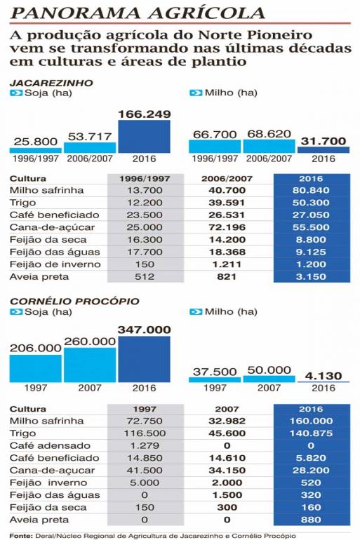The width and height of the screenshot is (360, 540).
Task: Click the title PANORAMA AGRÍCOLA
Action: pos(138,13)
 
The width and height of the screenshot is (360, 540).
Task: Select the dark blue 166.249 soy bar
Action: pos(144,136)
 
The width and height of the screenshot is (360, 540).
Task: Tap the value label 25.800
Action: pos(36,142)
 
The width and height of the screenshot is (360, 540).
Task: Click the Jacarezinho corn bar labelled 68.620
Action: pos(269,146)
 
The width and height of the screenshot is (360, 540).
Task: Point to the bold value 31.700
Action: pos(323,141)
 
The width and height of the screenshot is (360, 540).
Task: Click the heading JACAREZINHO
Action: pos(51,83)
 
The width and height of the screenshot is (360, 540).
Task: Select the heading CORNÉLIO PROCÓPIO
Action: pos(74,301)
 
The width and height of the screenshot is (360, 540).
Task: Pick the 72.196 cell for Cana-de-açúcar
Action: pos(227,227)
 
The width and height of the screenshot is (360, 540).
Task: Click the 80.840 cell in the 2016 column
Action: pos(311,190)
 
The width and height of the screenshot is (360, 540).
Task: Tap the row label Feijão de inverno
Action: pos(55,264)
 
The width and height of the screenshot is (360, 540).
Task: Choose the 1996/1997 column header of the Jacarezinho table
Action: pos(145,179)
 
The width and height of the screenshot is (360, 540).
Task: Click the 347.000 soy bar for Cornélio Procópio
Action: pos(144,359)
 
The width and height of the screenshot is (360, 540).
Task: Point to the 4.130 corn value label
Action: pos(323,376)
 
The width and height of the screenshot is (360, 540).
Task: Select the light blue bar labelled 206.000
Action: pos(36,368)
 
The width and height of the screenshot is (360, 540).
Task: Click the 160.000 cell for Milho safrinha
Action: pos(311,421)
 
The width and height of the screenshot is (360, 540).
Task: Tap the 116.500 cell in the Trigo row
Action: pos(145,433)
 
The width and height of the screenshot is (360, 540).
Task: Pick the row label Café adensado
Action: pos(50,445)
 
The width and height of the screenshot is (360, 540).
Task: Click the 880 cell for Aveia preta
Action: pos(311,520)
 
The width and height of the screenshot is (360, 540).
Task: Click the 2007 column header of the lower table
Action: pos(227,409)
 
